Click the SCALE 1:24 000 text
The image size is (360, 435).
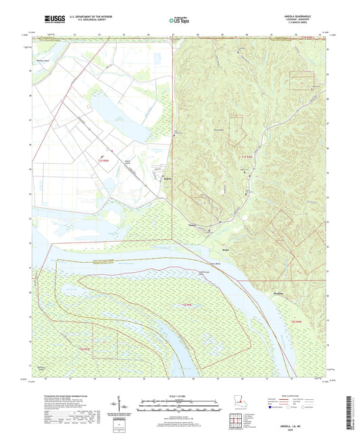pyautogui.click(x=179, y=396)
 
